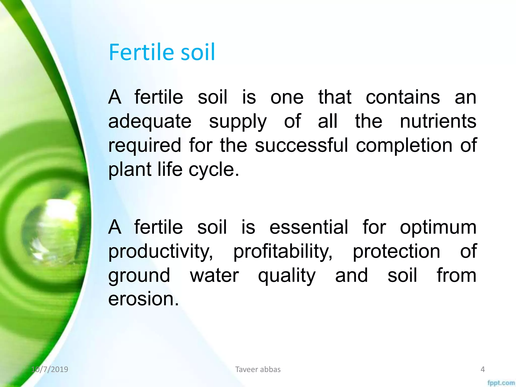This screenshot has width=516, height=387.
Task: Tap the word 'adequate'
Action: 150,121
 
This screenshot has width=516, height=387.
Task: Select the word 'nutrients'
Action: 438,121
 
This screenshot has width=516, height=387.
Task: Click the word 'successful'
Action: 301,145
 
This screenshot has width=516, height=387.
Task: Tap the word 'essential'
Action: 309,227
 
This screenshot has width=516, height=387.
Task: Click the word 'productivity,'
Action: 160,251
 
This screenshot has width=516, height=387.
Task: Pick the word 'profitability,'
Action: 283,251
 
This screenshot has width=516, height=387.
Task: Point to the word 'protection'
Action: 396,251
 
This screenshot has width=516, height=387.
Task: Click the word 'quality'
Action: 286,276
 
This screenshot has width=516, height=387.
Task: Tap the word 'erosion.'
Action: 143,299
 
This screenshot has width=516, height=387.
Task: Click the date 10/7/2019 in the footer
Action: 50,369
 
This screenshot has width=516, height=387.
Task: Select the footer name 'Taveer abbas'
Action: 258,369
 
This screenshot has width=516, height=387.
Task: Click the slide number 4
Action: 482,369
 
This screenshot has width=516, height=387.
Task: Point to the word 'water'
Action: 214,275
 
